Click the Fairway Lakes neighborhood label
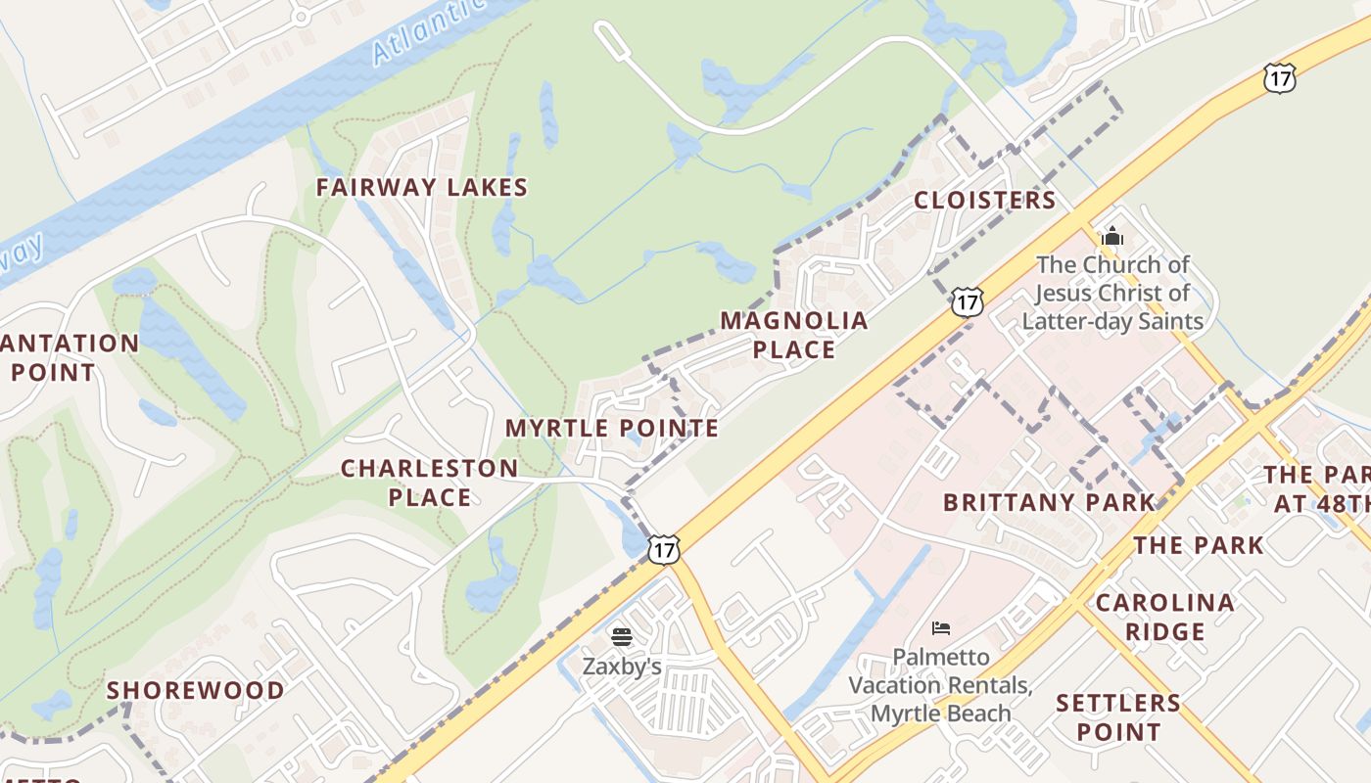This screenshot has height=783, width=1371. (x=422, y=187)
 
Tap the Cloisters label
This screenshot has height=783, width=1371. (x=984, y=201)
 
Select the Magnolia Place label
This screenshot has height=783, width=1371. (x=794, y=335)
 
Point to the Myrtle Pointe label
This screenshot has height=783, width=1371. (x=612, y=428)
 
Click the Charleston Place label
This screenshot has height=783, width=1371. (x=430, y=483)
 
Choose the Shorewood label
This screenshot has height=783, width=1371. (x=196, y=690)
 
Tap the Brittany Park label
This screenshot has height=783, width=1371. (x=1049, y=503)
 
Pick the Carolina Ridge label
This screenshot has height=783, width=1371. (x=1164, y=617)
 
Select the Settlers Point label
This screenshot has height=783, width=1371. (x=1118, y=716)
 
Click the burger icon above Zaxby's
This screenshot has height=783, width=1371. (x=621, y=637)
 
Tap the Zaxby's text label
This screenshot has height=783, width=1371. (x=622, y=667)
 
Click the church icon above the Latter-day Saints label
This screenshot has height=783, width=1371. (x=1112, y=236)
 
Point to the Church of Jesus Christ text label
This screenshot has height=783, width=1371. (x=1112, y=292)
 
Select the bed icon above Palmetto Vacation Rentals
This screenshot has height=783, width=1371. (x=941, y=627)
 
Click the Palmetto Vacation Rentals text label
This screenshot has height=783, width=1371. (x=940, y=684)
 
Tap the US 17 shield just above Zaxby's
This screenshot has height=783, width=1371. (x=663, y=549)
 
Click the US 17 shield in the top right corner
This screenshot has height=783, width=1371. (x=1279, y=77)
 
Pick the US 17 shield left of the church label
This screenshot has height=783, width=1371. (x=967, y=301)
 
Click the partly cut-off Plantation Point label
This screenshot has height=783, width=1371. (x=69, y=357)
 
